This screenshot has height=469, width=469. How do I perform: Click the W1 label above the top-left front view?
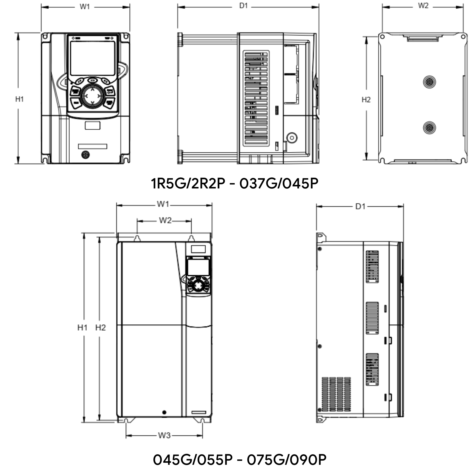click(85, 7)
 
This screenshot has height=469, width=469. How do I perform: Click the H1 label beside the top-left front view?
click(20, 99)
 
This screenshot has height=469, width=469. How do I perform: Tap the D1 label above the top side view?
click(243, 6)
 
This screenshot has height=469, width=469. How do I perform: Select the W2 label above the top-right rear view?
click(423, 6)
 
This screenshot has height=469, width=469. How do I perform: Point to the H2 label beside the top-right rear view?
click(366, 100)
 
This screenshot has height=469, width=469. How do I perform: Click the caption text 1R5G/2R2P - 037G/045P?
click(234, 183)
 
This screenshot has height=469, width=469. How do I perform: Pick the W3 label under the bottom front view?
click(164, 435)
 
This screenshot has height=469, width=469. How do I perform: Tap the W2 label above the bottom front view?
click(165, 221)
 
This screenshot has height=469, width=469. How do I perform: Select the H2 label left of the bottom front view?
click(101, 327)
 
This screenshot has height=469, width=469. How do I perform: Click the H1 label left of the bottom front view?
click(82, 327)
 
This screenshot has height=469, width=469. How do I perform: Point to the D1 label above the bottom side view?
click(360, 206)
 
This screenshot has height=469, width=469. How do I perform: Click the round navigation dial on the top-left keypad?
click(92, 96)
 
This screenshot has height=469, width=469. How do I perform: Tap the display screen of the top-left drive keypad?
click(92, 58)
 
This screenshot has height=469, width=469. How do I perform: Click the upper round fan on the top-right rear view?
click(429, 82)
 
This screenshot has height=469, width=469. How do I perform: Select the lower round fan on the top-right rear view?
click(429, 128)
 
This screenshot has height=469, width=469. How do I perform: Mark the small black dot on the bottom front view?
click(164, 412)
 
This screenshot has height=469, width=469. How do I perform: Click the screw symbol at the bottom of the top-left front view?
click(86, 155)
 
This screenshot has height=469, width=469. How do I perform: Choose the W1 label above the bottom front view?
click(163, 204)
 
